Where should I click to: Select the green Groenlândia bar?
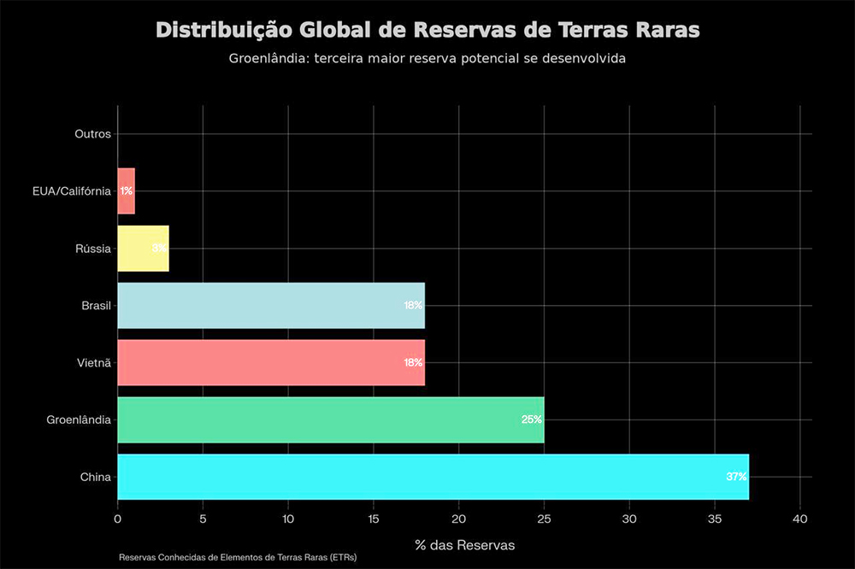click(x=329, y=419)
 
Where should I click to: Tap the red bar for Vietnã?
click(x=269, y=362)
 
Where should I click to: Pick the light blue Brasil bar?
click(x=269, y=305)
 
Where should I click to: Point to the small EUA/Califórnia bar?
click(x=126, y=191)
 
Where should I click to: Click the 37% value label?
click(x=736, y=477)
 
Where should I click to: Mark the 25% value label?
click(x=532, y=419)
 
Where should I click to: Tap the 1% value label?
click(x=127, y=191)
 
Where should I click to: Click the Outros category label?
click(x=93, y=134)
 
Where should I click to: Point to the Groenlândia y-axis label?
click(x=79, y=419)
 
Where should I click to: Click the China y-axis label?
click(x=96, y=477)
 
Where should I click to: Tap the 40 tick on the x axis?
click(x=800, y=519)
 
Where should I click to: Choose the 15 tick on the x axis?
click(x=374, y=519)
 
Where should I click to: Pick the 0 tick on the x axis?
click(x=118, y=519)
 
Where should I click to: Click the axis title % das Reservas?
click(x=465, y=544)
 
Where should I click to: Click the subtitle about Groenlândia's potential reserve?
click(x=427, y=60)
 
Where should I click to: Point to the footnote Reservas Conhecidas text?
click(x=238, y=557)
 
